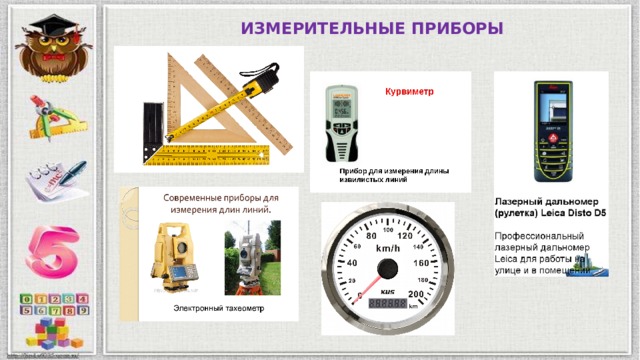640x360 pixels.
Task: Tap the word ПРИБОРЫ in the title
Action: pyautogui.click(x=459, y=26)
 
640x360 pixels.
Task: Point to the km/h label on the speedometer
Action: pyautogui.click(x=387, y=247)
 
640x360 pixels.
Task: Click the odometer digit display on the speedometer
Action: pyautogui.click(x=387, y=303)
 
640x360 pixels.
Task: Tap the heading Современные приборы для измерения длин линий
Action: pyautogui.click(x=221, y=204)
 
